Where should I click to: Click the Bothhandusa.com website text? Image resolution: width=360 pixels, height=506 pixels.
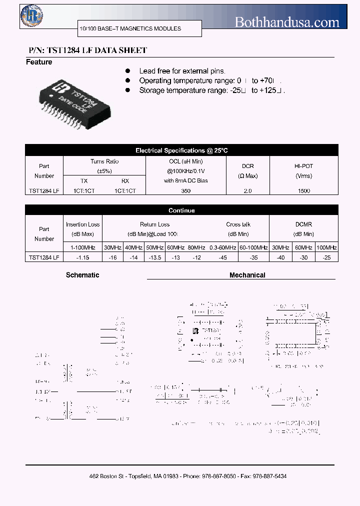pos(287,22)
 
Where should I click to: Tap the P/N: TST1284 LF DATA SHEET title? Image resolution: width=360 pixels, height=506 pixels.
pos(86,50)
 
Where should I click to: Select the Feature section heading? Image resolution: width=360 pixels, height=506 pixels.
pos(39,62)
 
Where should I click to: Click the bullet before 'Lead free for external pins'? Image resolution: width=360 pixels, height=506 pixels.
pos(128,71)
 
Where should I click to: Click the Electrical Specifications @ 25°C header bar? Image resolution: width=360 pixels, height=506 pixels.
pos(181,150)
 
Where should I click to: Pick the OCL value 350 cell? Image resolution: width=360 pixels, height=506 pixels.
pos(185,191)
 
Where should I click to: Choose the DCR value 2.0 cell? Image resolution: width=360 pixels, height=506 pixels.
pos(247,191)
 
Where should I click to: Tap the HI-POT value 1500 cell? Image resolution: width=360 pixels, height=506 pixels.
pos(303,191)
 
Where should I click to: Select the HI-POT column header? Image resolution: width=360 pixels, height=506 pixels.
pos(303,171)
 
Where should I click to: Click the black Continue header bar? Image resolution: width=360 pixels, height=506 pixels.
pos(181,210)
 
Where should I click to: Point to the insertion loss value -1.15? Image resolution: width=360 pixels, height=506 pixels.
pos(82,257)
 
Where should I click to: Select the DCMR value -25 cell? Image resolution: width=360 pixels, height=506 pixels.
pos(326,257)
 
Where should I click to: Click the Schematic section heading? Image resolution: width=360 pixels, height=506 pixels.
pos(82,275)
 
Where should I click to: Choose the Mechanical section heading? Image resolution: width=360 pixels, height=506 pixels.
pos(247,275)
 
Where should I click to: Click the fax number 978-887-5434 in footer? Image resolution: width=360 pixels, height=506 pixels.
pos(270,476)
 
